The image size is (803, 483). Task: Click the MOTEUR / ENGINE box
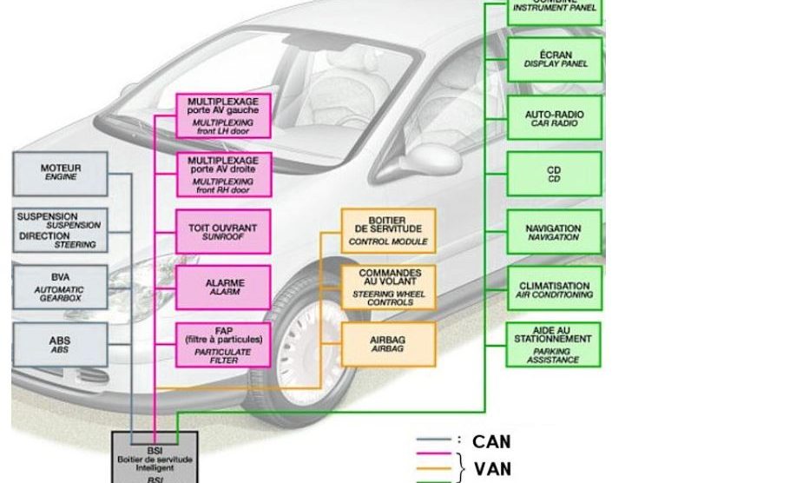coord(61,172)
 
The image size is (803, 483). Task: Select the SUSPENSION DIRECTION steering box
coord(61,229)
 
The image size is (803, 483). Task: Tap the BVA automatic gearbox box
coord(61,286)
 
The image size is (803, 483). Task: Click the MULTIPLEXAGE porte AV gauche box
coord(223,116)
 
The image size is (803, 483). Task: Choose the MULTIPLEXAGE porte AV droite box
coord(223,174)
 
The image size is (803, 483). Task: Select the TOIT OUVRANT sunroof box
coord(223,231)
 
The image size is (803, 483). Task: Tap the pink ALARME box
coord(223,287)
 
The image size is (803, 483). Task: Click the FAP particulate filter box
coord(223,344)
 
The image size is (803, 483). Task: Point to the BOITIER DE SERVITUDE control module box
coord(388,230)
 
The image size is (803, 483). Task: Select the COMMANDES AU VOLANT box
coord(388,287)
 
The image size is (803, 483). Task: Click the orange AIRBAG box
coord(388,344)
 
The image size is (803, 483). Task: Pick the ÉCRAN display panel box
coord(555,59)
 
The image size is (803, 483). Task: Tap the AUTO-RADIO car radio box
coord(555,118)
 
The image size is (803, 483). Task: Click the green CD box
coord(555,174)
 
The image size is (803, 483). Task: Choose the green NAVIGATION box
coord(555,232)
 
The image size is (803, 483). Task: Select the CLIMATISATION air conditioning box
coord(555,289)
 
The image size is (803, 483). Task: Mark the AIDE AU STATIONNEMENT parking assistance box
coord(555,344)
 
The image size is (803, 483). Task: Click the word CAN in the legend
coord(491,442)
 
